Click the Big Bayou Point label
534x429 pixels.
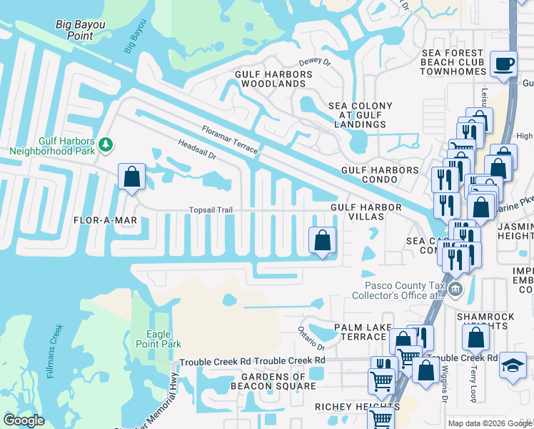pos(80,30)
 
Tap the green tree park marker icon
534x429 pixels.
pos(106,145)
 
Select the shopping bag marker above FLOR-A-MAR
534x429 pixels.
pos(131,177)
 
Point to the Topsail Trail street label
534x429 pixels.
pos(211,210)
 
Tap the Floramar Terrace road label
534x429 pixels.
pos(230,140)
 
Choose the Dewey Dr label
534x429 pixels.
pos(315,63)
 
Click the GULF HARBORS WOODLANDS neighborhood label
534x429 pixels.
pos(271,79)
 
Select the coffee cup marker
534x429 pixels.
pos(504,64)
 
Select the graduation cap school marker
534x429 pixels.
pos(513,365)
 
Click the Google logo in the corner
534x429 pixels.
pos(24,420)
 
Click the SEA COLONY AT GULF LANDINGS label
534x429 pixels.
pos(361,114)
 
